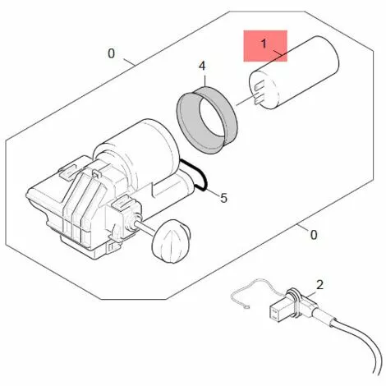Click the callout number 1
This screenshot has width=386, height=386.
coord(264,44)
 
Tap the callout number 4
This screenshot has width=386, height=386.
coord(202,66)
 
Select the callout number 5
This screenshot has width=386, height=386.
coord(224,198)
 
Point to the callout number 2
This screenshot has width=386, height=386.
coord(319,285)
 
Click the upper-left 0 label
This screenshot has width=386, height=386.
coord(111,53)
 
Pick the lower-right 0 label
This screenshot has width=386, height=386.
coord(314,235)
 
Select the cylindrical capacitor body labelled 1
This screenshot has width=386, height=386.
coord(294,72)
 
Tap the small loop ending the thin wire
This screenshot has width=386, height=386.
coord(247,307)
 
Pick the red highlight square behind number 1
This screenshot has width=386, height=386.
coord(265,46)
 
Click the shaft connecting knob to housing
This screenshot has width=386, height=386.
coord(145,227)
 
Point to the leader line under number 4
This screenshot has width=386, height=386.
coord(204,79)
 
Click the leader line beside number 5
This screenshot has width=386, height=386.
coord(214,192)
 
